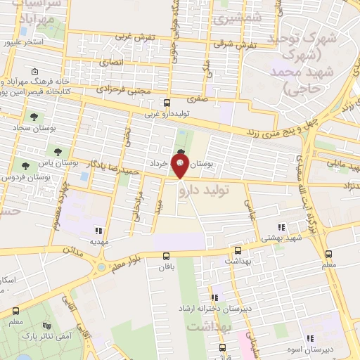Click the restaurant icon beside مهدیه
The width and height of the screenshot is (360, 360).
[98, 230]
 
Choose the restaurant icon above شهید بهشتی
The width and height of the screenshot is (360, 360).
[282, 227]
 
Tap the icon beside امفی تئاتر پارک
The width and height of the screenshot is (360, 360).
[47, 326]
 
